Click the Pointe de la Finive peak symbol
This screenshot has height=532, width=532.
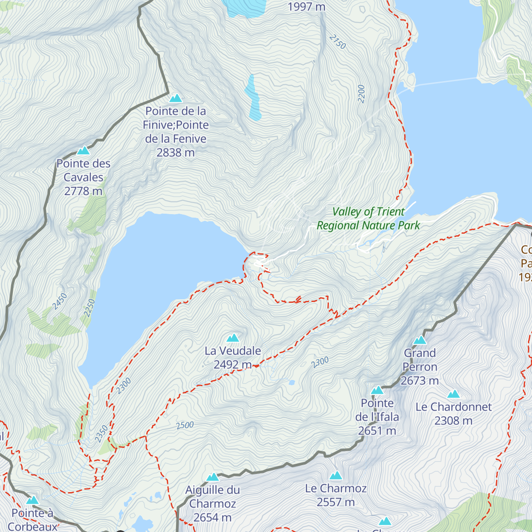[x=176, y=98]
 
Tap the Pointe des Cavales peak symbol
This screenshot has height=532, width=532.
[x=83, y=151]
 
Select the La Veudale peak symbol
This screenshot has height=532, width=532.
[x=233, y=338]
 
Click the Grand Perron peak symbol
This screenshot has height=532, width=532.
[x=420, y=340]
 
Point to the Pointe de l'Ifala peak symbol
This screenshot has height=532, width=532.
[x=377, y=390]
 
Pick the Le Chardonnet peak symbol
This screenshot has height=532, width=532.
[x=454, y=394]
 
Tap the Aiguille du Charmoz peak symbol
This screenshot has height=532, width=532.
[x=213, y=477]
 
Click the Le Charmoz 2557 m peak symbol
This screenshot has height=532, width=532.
[x=336, y=476]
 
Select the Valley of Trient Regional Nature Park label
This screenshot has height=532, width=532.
[x=368, y=219]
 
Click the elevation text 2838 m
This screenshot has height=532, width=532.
[x=176, y=153]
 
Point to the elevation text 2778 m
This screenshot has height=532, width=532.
[x=83, y=191]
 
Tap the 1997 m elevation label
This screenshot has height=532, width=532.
[x=306, y=7]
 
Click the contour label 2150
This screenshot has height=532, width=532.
[x=337, y=42]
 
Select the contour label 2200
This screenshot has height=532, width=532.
[x=361, y=94]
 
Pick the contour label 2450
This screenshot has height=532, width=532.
[x=59, y=301]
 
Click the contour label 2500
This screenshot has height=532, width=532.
[x=185, y=425]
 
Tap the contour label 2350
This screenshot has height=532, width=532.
[x=102, y=433]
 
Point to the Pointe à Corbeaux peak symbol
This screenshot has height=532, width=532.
[x=32, y=500]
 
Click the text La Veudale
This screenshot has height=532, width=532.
[x=233, y=351]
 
